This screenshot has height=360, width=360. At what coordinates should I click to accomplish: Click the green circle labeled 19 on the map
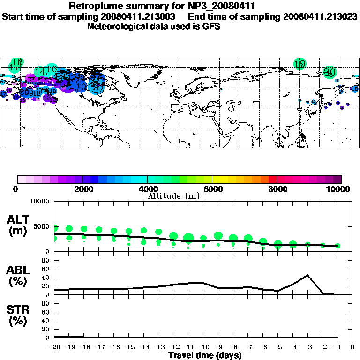point(300,64)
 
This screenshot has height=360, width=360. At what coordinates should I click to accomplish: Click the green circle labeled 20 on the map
point(330,72)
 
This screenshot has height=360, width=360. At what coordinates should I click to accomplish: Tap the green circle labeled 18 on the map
point(17,62)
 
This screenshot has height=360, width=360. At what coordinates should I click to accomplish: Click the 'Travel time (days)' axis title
point(205,356)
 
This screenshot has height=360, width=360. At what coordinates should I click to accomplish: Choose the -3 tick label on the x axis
point(307,347)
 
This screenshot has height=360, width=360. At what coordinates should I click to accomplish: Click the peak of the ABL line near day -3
point(307,275)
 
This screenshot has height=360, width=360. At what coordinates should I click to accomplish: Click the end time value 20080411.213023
point(320,16)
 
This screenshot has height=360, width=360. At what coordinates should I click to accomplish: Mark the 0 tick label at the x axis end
point(352,347)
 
